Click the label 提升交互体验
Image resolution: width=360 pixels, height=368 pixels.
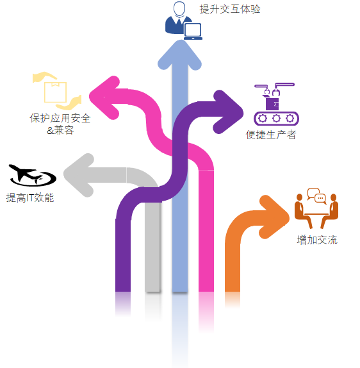point(230,9)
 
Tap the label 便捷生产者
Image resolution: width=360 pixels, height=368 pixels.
point(271,135)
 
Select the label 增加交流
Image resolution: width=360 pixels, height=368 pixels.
point(317,240)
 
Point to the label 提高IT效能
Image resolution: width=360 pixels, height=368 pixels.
point(30,197)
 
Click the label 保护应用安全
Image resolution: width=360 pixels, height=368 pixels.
point(60,118)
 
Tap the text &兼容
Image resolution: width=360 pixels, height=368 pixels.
point(60,130)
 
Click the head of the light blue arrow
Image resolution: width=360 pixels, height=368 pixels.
point(179,54)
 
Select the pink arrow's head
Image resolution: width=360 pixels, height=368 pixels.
point(104,97)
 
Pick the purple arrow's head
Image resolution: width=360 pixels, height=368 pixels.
point(228,112)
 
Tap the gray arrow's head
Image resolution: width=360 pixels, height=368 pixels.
point(79,175)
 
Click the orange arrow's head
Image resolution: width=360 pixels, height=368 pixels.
point(274,217)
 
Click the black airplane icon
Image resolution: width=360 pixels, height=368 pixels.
point(32,175)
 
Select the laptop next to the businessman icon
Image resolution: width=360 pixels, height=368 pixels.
point(193,31)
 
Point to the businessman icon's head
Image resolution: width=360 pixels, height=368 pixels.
point(179,8)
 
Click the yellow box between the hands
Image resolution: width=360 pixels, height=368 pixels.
point(55,92)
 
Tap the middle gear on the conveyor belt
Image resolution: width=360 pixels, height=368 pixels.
point(276,118)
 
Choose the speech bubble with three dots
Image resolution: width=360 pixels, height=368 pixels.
point(320,198)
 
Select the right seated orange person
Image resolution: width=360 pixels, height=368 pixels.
point(331,210)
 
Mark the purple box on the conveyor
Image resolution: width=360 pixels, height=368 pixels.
point(272,104)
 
